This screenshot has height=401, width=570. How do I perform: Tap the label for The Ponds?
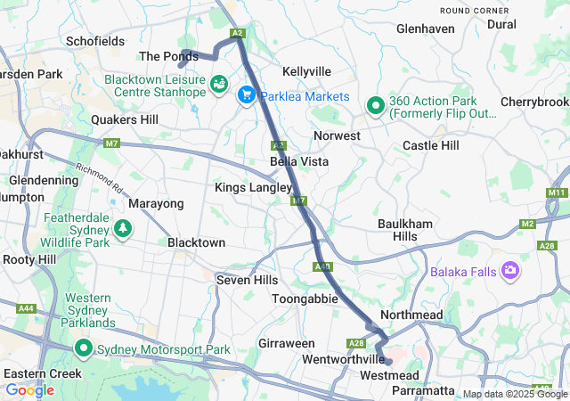click(168, 56)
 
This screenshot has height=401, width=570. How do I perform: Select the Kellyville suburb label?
click(306, 71)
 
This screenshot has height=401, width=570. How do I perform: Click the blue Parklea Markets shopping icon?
click(246, 94)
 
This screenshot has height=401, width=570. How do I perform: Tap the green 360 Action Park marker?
click(376, 106)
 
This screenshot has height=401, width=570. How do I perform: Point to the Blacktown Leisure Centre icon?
click(218, 85)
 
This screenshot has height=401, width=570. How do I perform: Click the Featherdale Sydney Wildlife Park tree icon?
click(122, 230)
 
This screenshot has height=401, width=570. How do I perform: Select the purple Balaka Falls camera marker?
click(511, 269)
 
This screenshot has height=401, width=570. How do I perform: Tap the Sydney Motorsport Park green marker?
click(85, 348)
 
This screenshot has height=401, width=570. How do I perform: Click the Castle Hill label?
click(431, 144)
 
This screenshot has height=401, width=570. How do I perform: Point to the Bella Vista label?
click(299, 161)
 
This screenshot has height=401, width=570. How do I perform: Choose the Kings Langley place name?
click(253, 188)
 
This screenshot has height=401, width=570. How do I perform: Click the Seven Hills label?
click(248, 280)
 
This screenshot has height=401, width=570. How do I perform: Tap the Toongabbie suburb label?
click(305, 299)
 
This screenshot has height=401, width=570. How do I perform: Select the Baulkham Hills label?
click(410, 229)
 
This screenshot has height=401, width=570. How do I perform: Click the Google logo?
click(30, 390)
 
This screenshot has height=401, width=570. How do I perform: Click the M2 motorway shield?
click(528, 223)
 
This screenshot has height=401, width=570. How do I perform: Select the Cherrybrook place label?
click(534, 102)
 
